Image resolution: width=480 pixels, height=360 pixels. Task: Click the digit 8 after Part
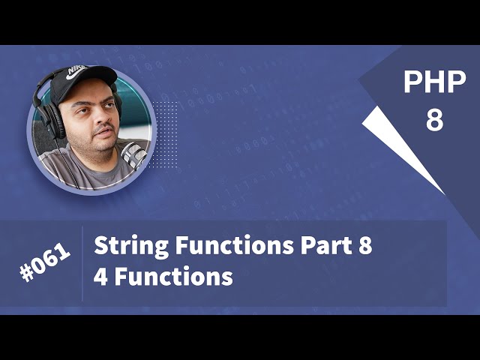click(364, 247)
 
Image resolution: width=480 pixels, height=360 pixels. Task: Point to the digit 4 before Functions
click(100, 277)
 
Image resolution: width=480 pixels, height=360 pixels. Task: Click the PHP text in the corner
click(434, 83)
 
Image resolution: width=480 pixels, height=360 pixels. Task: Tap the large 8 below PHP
click(435, 118)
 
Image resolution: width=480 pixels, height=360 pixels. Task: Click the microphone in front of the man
click(133, 154)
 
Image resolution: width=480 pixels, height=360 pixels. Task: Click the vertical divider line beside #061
click(82, 263)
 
